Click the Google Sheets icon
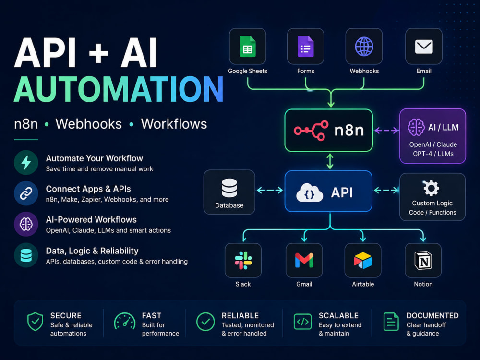248,47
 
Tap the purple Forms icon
305,47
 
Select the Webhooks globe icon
364,47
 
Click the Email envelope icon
424,47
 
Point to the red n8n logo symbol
311,131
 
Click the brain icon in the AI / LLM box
416,127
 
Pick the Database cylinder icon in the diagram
229,188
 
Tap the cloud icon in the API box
310,192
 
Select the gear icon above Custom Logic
432,188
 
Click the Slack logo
243,261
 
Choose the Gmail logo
304,260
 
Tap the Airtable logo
363,261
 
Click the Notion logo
423,261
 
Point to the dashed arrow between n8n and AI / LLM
386,131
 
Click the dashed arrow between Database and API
270,191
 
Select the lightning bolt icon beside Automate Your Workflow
26,162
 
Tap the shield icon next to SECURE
35,322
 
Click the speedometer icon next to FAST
125,322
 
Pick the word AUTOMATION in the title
119,89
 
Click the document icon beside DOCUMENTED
391,322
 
